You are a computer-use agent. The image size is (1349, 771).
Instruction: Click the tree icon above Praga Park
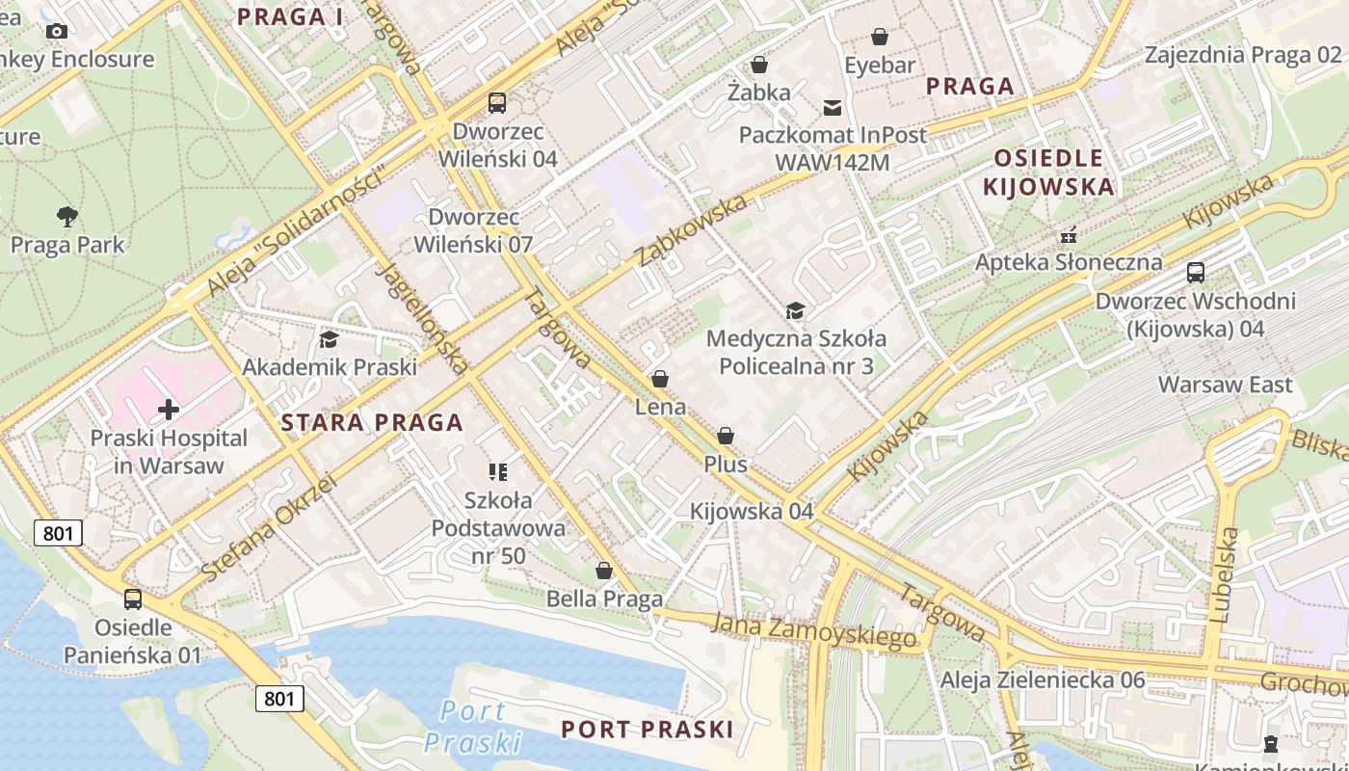click(x=66, y=216)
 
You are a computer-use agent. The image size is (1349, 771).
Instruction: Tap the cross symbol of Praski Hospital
click(x=169, y=410)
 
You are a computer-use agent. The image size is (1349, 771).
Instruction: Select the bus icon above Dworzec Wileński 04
click(x=497, y=102)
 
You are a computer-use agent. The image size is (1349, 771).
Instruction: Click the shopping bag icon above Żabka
click(x=759, y=65)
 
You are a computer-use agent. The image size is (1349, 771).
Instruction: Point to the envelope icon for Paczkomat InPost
click(x=833, y=107)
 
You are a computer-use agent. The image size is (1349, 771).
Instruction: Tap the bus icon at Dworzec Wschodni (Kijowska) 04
click(x=1196, y=273)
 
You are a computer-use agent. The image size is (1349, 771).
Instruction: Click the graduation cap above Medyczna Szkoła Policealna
click(x=795, y=310)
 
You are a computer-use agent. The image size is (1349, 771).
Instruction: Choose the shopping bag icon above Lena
click(x=660, y=379)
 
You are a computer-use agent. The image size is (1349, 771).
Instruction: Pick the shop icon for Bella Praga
click(x=604, y=571)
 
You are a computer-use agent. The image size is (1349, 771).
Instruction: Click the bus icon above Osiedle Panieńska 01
click(x=133, y=599)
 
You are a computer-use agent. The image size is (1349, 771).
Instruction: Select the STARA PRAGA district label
click(x=372, y=422)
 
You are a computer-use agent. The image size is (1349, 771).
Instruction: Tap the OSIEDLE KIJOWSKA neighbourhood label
click(x=1048, y=172)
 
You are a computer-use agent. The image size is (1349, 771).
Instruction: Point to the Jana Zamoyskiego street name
click(x=813, y=630)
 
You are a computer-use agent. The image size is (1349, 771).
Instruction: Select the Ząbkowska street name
click(x=692, y=229)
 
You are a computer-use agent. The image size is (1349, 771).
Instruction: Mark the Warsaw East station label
click(x=1225, y=385)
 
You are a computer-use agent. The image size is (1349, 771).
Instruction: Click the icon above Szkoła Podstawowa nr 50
click(x=498, y=472)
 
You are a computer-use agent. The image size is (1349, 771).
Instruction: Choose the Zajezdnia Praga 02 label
click(x=1242, y=54)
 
